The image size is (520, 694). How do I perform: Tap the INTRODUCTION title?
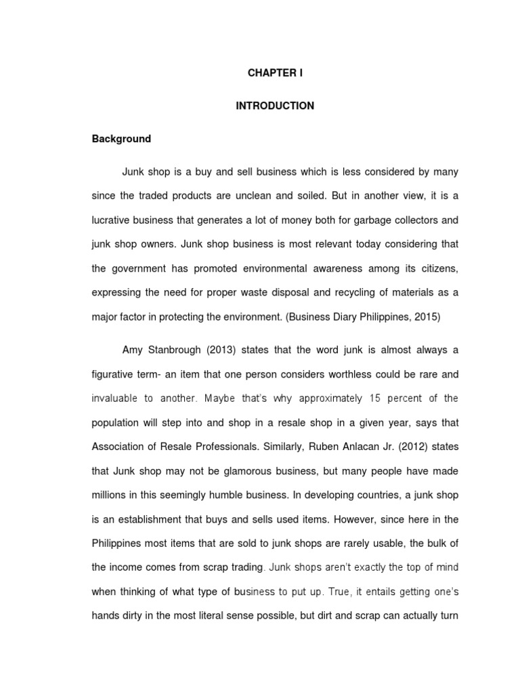click(275, 106)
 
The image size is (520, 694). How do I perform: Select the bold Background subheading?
click(121, 139)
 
